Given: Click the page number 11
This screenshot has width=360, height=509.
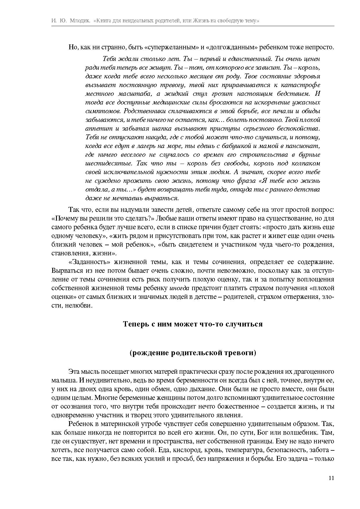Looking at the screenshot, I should click(331, 478).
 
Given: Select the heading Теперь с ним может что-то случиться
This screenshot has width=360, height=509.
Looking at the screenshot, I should click(193, 324).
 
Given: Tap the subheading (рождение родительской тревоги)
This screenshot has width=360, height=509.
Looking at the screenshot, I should click(193, 353).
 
